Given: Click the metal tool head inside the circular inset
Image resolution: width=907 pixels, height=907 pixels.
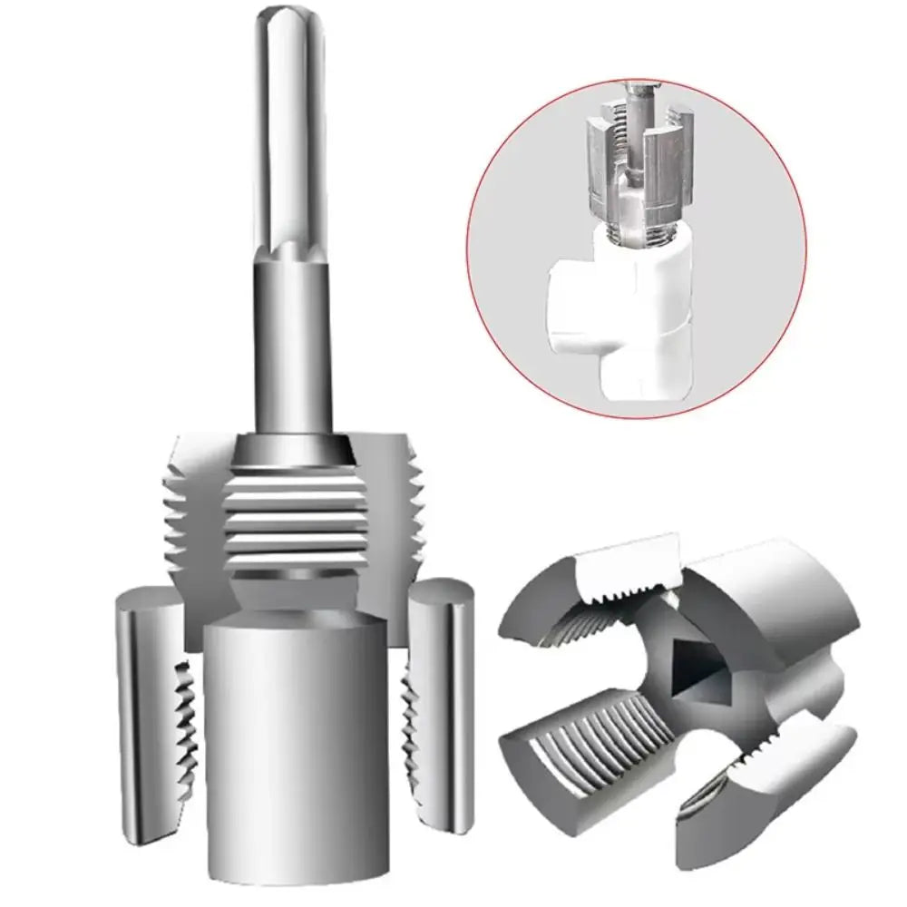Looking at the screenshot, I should [x=635, y=163].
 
